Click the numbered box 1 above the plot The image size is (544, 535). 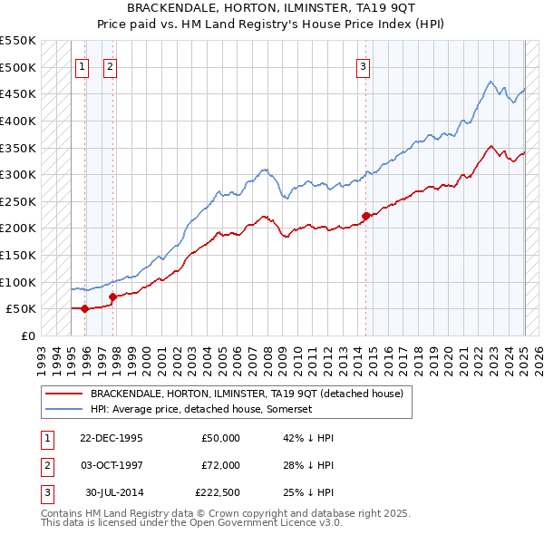(x=82, y=65)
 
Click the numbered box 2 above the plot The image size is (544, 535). (x=109, y=65)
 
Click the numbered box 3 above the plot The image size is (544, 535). (x=363, y=65)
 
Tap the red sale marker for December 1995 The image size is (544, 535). (x=85, y=308)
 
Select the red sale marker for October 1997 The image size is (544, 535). (x=112, y=297)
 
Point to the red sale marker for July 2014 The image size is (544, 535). (x=365, y=216)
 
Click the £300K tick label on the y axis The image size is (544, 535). (x=18, y=174)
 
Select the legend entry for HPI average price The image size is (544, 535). (x=201, y=409)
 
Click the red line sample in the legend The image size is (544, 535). (x=63, y=394)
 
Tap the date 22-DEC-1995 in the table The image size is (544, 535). (x=112, y=437)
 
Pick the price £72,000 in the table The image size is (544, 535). (x=221, y=465)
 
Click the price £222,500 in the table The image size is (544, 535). (x=218, y=493)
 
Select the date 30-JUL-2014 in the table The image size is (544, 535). (x=114, y=493)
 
